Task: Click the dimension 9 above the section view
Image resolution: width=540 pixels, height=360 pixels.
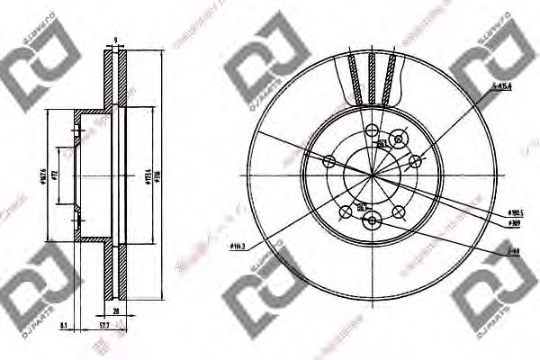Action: coord(116,40)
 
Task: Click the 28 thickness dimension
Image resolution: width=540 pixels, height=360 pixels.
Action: coord(117,310)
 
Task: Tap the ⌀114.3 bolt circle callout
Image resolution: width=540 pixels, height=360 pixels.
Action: coord(238,245)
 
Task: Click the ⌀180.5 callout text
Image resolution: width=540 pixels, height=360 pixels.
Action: coord(517,212)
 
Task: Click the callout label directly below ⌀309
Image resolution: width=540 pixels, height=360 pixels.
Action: coord(514,254)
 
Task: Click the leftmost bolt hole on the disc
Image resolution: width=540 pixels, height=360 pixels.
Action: coord(328,162)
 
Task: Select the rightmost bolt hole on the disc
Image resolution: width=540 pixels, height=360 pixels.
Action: coord(415,162)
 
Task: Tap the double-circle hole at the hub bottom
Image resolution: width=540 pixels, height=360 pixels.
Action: coord(362,208)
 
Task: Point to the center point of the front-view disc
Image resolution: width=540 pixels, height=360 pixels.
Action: coord(371,175)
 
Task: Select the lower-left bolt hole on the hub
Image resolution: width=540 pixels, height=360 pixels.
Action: coord(345,213)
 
